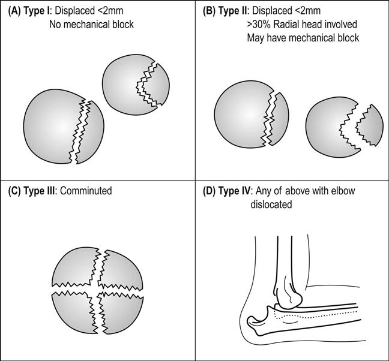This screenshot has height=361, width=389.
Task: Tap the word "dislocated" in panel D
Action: [271, 204]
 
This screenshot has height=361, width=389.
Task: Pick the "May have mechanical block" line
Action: [303, 38]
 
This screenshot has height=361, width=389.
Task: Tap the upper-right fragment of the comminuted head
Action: [122, 266]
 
